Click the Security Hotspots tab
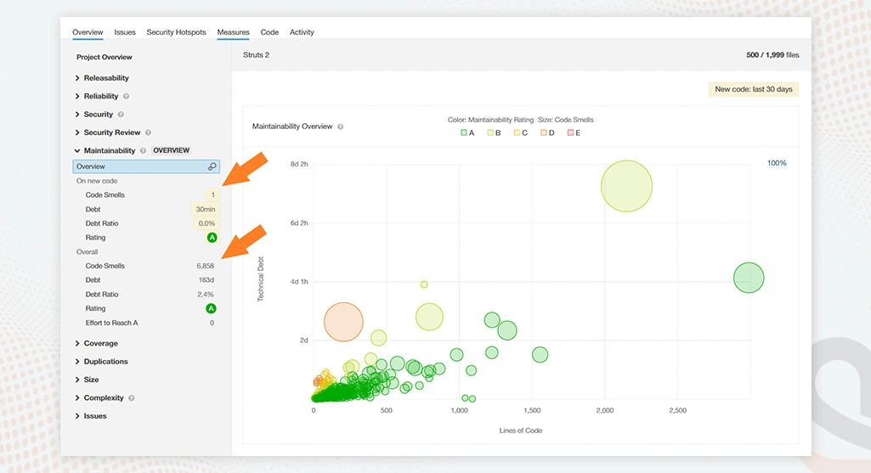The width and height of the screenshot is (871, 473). point(176,32)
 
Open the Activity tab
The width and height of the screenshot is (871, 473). point(302,32)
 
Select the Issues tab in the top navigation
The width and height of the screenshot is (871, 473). point(125,32)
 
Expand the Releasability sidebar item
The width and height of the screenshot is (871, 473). point(105,78)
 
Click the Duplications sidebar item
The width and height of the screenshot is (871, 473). point(105,362)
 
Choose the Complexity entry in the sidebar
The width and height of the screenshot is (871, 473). point(103,398)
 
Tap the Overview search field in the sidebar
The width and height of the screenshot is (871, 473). point(146,166)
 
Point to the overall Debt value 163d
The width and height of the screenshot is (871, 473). point(206,280)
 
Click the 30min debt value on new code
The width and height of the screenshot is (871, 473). point(205,209)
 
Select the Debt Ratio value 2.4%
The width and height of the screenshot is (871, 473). point(206,294)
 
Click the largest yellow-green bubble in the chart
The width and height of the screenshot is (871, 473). point(626,185)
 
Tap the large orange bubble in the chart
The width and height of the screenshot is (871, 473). point(343,322)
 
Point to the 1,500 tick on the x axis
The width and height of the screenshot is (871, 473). point(532,410)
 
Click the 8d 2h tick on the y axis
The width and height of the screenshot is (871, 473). point(298,164)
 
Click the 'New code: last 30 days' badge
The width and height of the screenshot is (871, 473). point(753,89)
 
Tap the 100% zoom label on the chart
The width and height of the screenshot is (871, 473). point(777,163)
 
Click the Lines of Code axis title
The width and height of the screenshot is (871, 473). point(520,431)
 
